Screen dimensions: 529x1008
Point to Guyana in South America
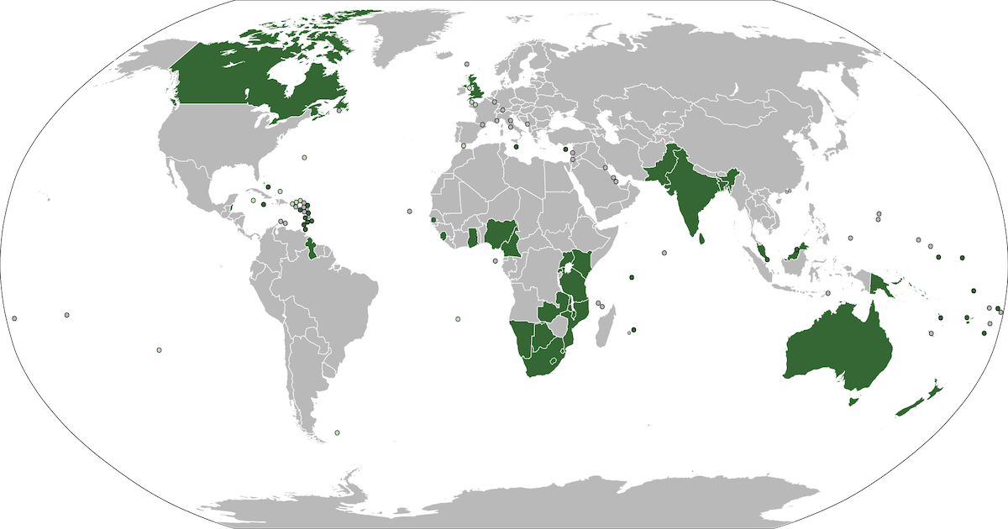(312, 249)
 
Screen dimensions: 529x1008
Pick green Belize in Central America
(231, 207)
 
